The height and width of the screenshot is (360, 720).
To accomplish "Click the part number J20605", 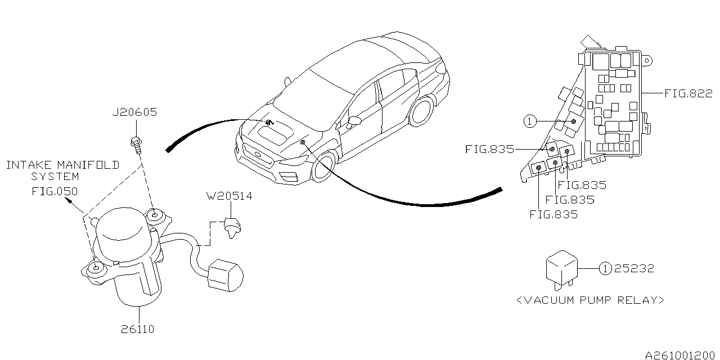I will tap(134, 112).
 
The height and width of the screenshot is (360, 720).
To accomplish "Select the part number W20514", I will tap(229, 196).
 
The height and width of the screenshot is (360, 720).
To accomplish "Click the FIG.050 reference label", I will tap(54, 191).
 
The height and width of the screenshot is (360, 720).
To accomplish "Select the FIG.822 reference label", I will tap(688, 93).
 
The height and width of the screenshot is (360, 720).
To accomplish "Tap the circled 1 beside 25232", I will tap(605, 268).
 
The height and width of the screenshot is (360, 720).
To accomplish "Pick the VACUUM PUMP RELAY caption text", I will tap(590, 300).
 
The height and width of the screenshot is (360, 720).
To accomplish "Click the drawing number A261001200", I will tap(681, 355).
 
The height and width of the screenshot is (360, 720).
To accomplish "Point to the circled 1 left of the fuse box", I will tap(529, 121).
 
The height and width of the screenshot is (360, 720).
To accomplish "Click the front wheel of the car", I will tap(324, 166).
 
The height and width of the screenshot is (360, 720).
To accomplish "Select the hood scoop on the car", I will tap(274, 134).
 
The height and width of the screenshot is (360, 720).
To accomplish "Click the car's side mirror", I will tap(355, 120).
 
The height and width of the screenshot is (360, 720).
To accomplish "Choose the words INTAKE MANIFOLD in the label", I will tap(62, 165).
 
